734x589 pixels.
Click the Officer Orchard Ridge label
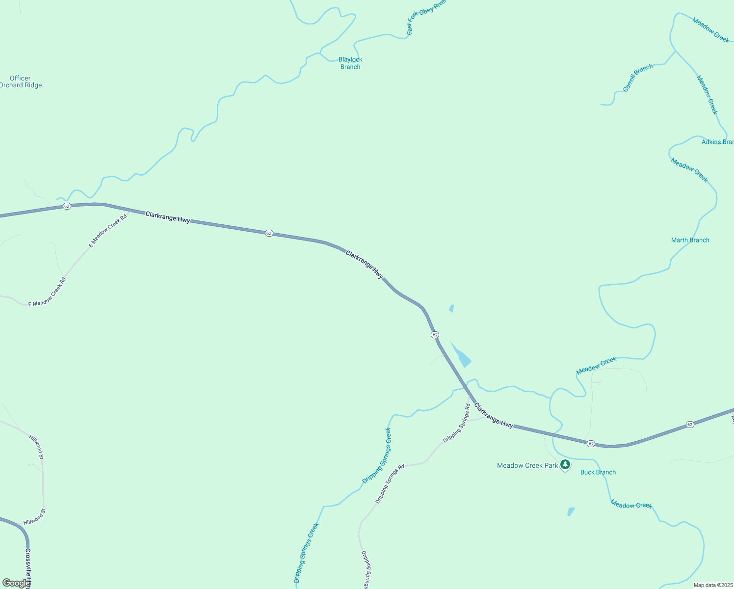pyautogui.click(x=21, y=81)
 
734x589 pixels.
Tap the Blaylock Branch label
pyautogui.click(x=350, y=63)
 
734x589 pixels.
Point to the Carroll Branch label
pyautogui.click(x=638, y=78)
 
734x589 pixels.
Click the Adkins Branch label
pyautogui.click(x=717, y=142)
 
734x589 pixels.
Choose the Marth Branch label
pyautogui.click(x=690, y=240)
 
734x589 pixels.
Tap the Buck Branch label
pyautogui.click(x=598, y=472)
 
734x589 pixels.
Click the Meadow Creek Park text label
pyautogui.click(x=527, y=465)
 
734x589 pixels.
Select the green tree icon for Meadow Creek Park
pyautogui.click(x=565, y=464)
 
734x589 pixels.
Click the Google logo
pyautogui.click(x=16, y=583)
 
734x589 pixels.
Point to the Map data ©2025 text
pyautogui.click(x=712, y=585)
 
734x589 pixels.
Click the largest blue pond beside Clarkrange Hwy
pyautogui.click(x=462, y=357)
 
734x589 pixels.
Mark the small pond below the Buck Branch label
pyautogui.click(x=571, y=511)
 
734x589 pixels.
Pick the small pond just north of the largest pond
pyautogui.click(x=451, y=308)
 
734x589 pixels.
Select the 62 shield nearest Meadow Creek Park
pyautogui.click(x=591, y=444)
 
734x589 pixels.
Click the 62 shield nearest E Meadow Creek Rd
pyautogui.click(x=67, y=206)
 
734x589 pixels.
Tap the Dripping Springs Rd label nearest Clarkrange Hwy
pyautogui.click(x=457, y=423)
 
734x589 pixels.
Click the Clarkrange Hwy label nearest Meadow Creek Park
pyautogui.click(x=494, y=416)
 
